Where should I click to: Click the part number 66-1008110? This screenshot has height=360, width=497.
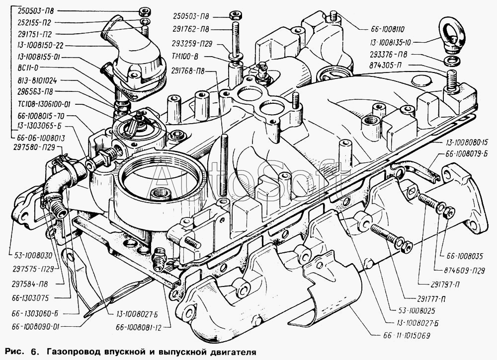click(387, 29)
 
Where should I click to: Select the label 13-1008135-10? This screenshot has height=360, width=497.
click(390, 42)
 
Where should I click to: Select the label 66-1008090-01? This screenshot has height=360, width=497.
click(35, 327)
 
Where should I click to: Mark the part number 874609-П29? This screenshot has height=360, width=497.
click(465, 271)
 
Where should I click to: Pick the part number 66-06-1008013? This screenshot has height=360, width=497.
click(41, 138)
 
